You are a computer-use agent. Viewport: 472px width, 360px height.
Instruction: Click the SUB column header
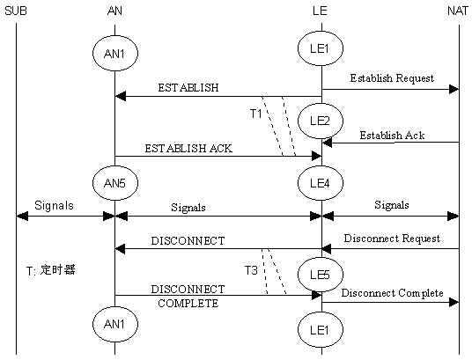click(16, 11)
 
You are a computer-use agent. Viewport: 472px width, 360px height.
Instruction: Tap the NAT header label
click(458, 11)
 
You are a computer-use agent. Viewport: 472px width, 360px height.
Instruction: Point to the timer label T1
click(256, 114)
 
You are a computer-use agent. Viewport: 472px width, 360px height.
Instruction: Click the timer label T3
click(251, 270)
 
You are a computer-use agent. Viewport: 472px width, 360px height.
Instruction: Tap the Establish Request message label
click(392, 78)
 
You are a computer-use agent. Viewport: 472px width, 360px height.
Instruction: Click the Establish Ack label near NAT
click(392, 136)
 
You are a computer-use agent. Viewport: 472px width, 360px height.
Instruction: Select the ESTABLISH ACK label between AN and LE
click(188, 149)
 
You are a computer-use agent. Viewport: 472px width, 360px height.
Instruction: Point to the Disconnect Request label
click(392, 239)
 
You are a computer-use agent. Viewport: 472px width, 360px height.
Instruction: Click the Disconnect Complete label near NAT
click(392, 293)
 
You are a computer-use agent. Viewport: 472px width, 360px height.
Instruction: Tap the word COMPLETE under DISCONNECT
click(188, 303)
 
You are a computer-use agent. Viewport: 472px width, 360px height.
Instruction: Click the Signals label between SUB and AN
click(54, 206)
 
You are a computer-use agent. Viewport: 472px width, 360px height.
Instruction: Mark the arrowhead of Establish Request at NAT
click(454, 90)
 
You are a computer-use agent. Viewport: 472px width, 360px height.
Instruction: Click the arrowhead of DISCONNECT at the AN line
click(121, 249)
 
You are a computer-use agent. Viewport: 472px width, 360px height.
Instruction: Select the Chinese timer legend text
click(50, 270)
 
